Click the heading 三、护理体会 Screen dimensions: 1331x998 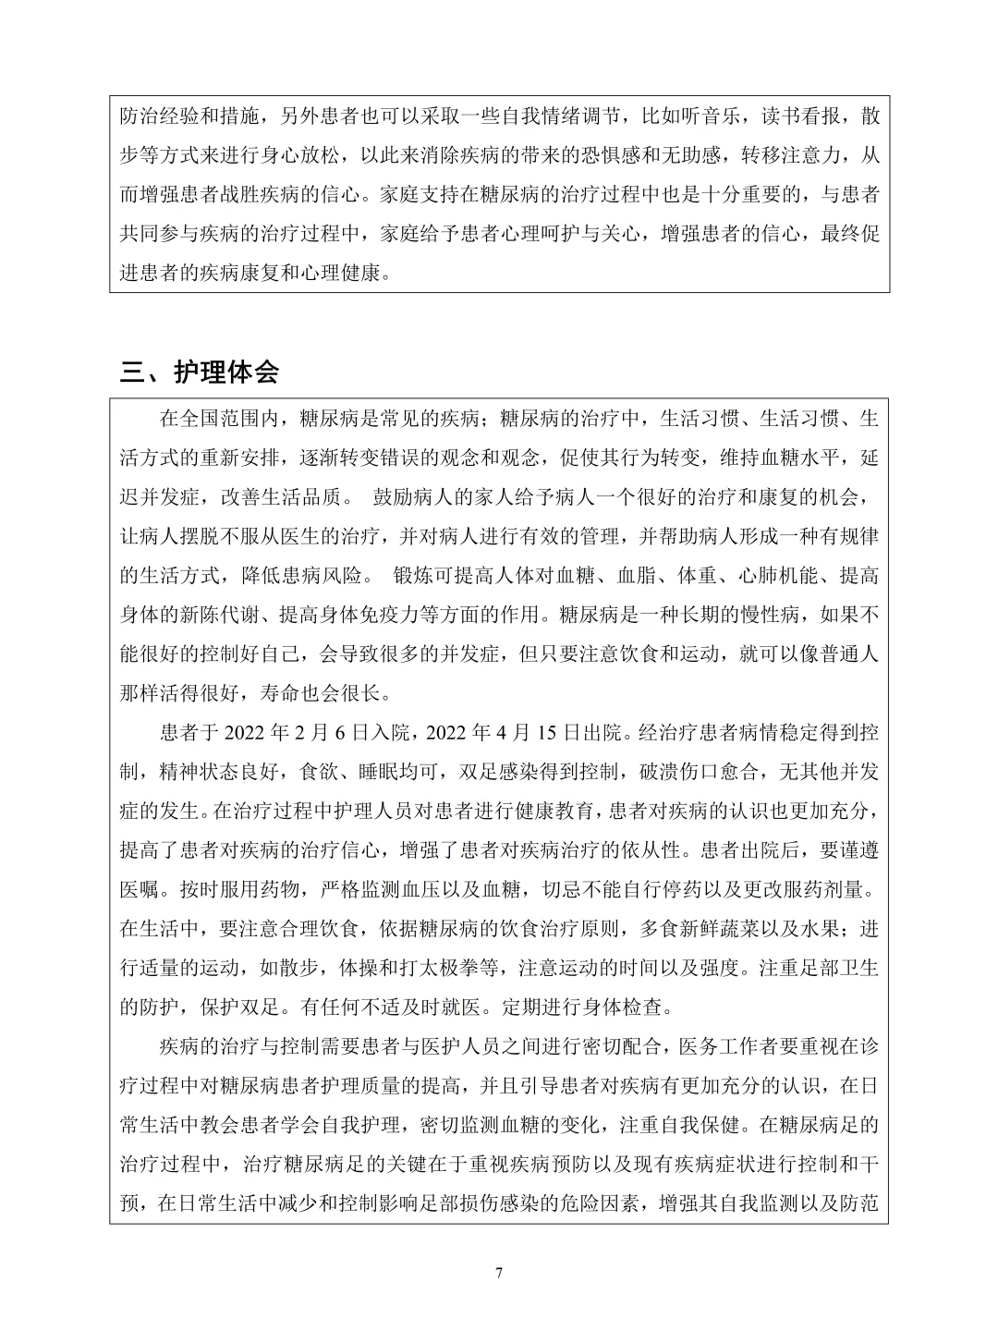[x=200, y=372]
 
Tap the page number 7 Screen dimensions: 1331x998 [x=499, y=1273]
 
